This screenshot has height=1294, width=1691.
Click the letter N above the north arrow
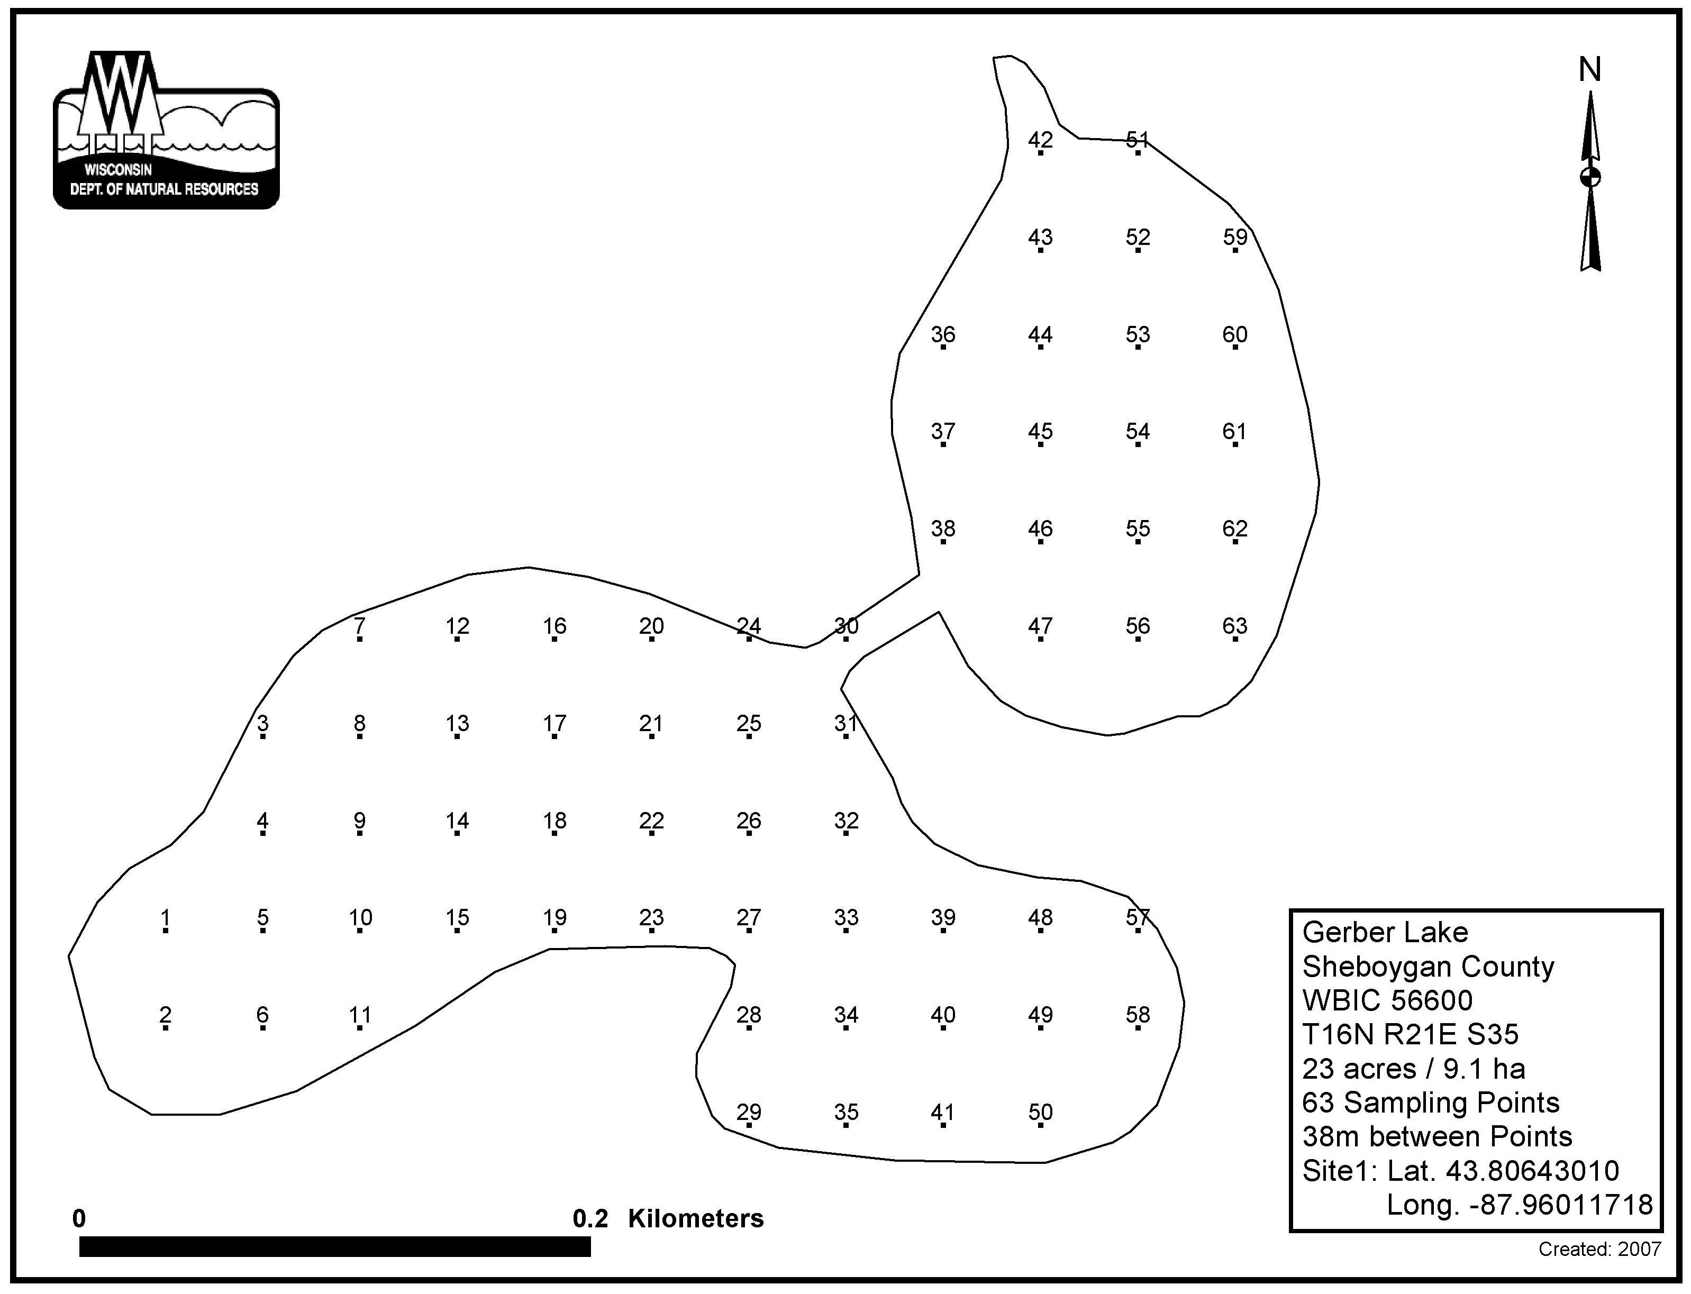click(1590, 70)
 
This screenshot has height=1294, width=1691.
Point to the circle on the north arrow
click(1590, 177)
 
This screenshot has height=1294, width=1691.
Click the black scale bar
click(335, 1246)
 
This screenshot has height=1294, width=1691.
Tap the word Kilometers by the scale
click(696, 1218)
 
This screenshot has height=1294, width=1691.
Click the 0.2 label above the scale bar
click(590, 1218)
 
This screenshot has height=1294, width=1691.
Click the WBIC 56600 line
click(1387, 1000)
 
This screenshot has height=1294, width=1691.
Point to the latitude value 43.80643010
click(1532, 1171)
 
